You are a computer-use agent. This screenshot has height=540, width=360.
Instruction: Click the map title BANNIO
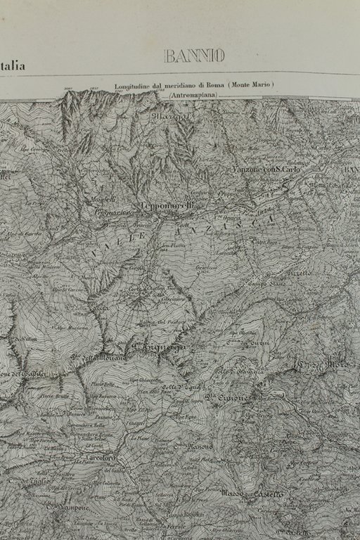[195, 56]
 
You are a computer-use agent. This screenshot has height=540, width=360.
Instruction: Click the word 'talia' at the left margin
[13, 67]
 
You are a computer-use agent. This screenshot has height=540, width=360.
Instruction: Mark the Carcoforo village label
[99, 458]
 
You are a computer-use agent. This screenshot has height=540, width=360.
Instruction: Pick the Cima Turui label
[257, 343]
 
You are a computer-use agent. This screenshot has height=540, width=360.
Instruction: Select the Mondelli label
[102, 200]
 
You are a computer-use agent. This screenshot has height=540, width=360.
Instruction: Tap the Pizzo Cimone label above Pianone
[227, 399]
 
